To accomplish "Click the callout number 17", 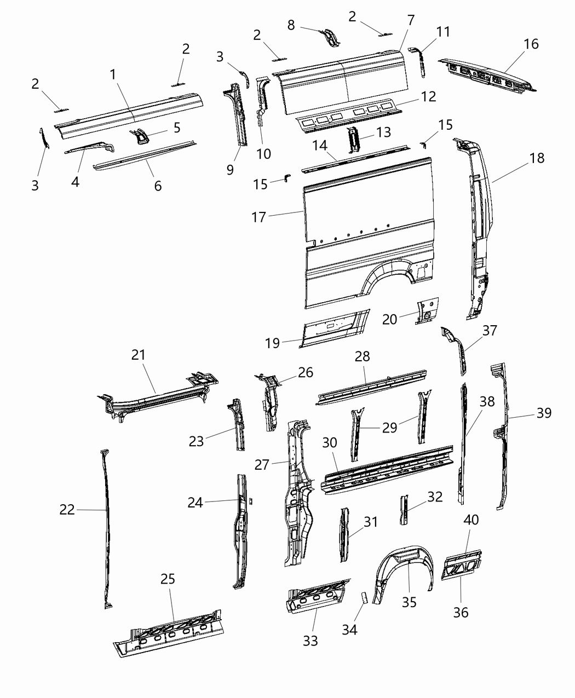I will click(x=258, y=217).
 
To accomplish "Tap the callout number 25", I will click(x=168, y=579).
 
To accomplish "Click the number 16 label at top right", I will click(x=531, y=44).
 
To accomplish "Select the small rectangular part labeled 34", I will click(x=363, y=596).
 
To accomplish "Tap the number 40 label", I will click(x=471, y=520).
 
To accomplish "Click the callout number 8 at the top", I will click(x=291, y=25).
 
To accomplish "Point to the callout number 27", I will click(x=262, y=465).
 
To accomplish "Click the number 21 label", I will click(x=139, y=355).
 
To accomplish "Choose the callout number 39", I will click(x=543, y=413).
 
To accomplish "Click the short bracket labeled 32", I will click(x=404, y=510).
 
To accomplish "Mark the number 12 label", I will click(x=429, y=96).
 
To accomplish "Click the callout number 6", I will click(x=158, y=186).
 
